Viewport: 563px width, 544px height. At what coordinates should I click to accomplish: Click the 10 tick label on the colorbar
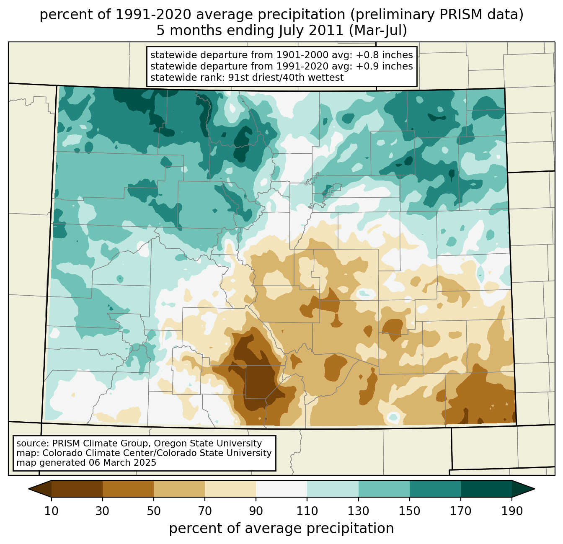(52, 511)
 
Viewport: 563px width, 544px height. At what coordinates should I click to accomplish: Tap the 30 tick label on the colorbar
(103, 511)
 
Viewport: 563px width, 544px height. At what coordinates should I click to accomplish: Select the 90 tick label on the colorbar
(256, 511)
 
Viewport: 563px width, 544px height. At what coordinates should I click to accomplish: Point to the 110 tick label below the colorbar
(307, 511)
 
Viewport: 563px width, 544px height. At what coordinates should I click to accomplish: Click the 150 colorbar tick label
(409, 511)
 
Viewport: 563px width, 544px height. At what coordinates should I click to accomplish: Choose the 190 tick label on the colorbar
(511, 511)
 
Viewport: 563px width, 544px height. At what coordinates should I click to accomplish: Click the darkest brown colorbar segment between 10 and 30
(77, 489)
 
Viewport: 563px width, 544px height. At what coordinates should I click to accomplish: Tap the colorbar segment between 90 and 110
(281, 489)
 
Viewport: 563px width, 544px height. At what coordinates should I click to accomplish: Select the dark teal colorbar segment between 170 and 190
(486, 489)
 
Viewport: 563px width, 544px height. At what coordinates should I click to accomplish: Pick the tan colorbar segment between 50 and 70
(179, 489)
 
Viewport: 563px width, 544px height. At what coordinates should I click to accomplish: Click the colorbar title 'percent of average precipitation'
(281, 529)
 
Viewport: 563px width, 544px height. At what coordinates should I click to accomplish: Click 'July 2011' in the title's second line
(310, 31)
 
